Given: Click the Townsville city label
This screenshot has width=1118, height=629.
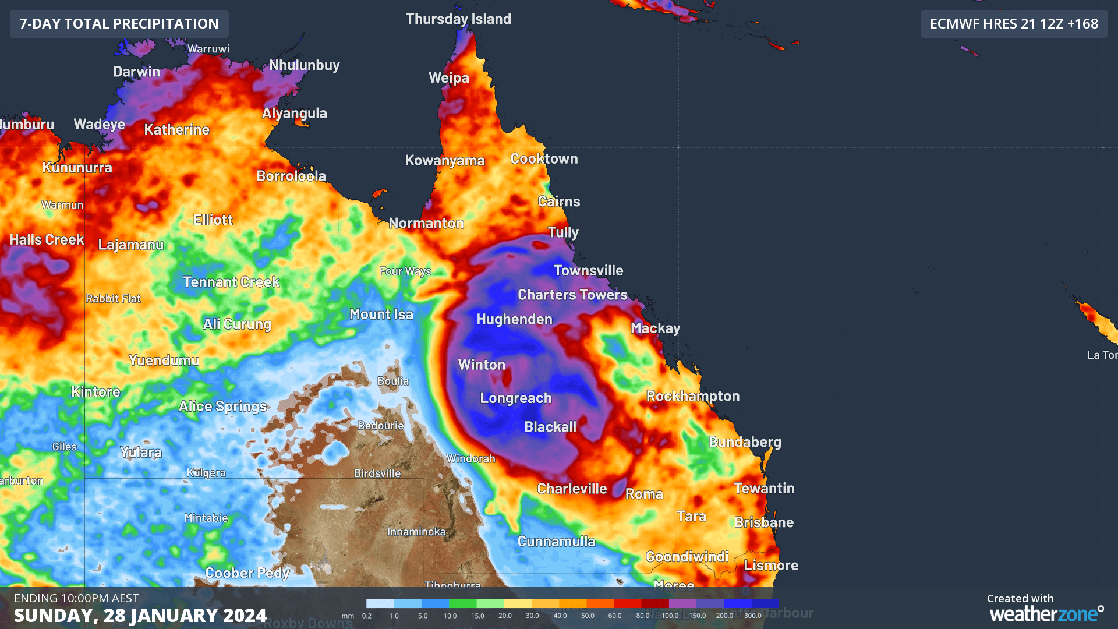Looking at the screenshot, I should point(588,271).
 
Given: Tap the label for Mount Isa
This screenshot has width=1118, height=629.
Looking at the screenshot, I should point(381,314).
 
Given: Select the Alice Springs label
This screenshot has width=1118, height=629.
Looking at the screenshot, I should point(222,407).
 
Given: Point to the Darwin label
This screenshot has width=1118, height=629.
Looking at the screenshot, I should point(136,72).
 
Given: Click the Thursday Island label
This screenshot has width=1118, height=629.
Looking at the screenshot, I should point(458,19).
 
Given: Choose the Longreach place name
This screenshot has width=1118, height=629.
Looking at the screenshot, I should point(515,398).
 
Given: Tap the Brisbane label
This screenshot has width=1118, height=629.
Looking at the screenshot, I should point(763,522).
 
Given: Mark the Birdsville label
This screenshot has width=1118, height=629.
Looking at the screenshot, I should point(377,473).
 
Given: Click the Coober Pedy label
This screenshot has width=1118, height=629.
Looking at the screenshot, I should point(247,573).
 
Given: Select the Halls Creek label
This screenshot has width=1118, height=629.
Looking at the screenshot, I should point(47,240).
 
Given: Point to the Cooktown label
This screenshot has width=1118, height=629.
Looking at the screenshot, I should point(544,159).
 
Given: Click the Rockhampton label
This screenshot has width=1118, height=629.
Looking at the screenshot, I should point(693,397).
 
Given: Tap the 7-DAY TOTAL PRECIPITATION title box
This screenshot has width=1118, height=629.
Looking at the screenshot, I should point(119,24).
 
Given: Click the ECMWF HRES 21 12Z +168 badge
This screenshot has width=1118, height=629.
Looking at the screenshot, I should point(1014,24).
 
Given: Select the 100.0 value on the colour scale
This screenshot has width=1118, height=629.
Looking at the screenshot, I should point(670,616).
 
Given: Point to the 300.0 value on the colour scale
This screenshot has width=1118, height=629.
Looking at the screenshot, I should point(752,616).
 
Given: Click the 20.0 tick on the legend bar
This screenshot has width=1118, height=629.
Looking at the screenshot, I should point(505,616).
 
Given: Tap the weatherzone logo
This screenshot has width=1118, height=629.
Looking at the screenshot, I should point(1046,613).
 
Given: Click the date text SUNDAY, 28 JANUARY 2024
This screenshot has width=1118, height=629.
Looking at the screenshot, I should point(140,616).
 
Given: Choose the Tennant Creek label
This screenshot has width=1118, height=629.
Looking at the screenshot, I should point(231,282).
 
